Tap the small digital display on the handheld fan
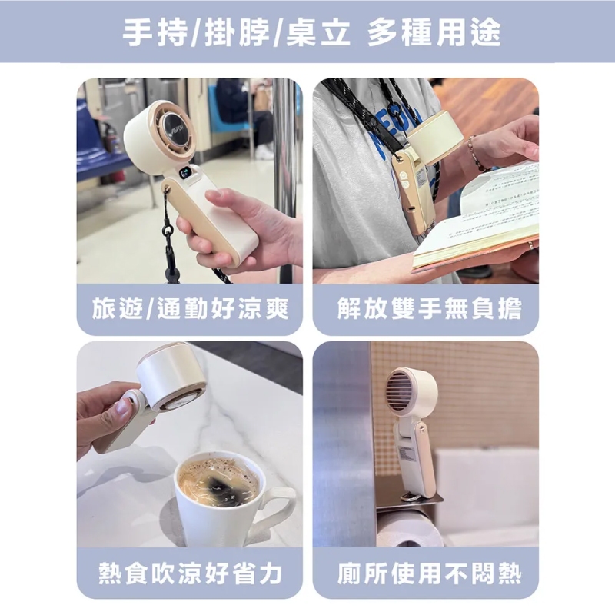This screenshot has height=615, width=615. [x=185, y=172]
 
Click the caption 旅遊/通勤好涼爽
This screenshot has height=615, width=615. [x=190, y=309]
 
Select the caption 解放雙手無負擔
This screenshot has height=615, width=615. [x=430, y=309]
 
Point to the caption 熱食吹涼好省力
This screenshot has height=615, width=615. [x=190, y=573]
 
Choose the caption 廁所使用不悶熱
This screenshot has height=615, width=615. [x=430, y=573]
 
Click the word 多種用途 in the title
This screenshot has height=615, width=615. [x=434, y=32]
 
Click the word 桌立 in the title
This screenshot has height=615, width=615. [x=317, y=32]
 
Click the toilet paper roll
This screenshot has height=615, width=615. [x=408, y=530]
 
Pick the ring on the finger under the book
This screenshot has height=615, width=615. [x=530, y=245]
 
